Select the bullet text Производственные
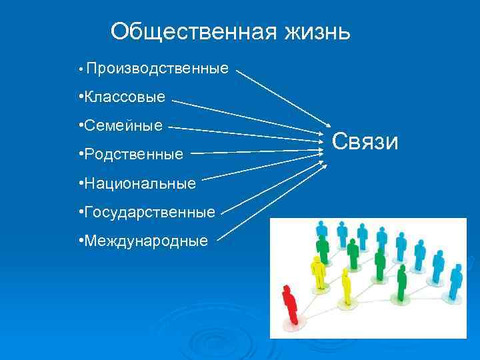[x=157, y=69]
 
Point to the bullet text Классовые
[x=123, y=98]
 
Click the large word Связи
[x=365, y=142]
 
